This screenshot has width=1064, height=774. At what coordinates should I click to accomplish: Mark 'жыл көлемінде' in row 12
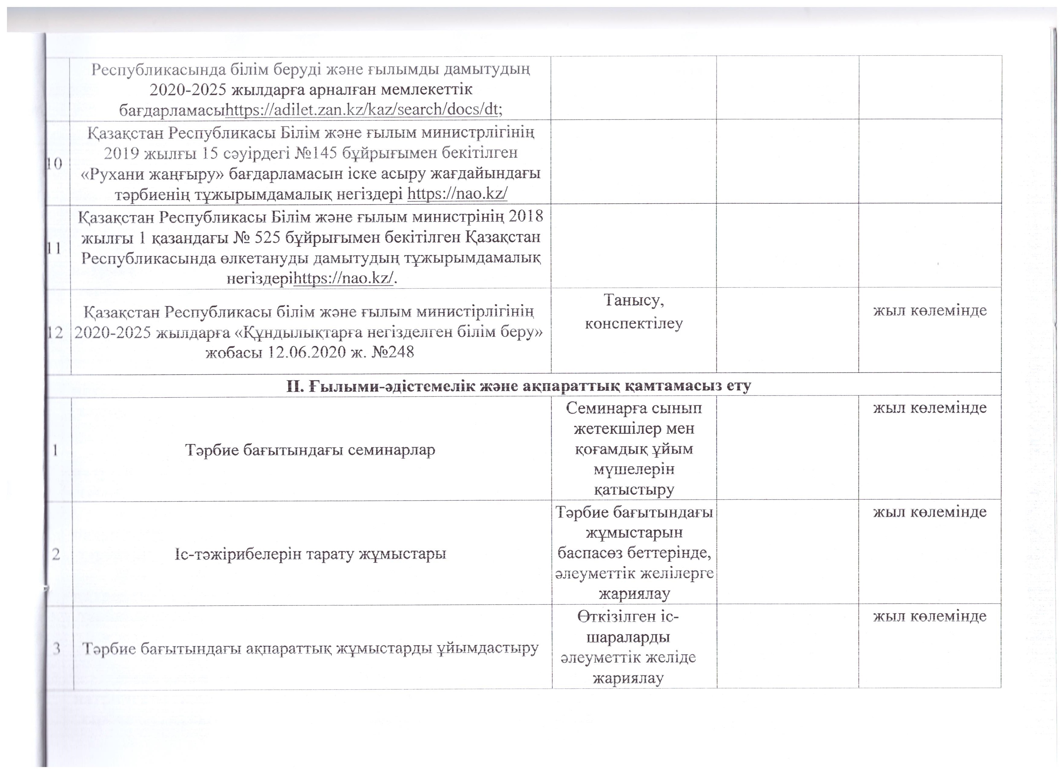(929, 310)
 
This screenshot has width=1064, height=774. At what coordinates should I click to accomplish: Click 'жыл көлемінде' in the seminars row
(929, 407)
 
